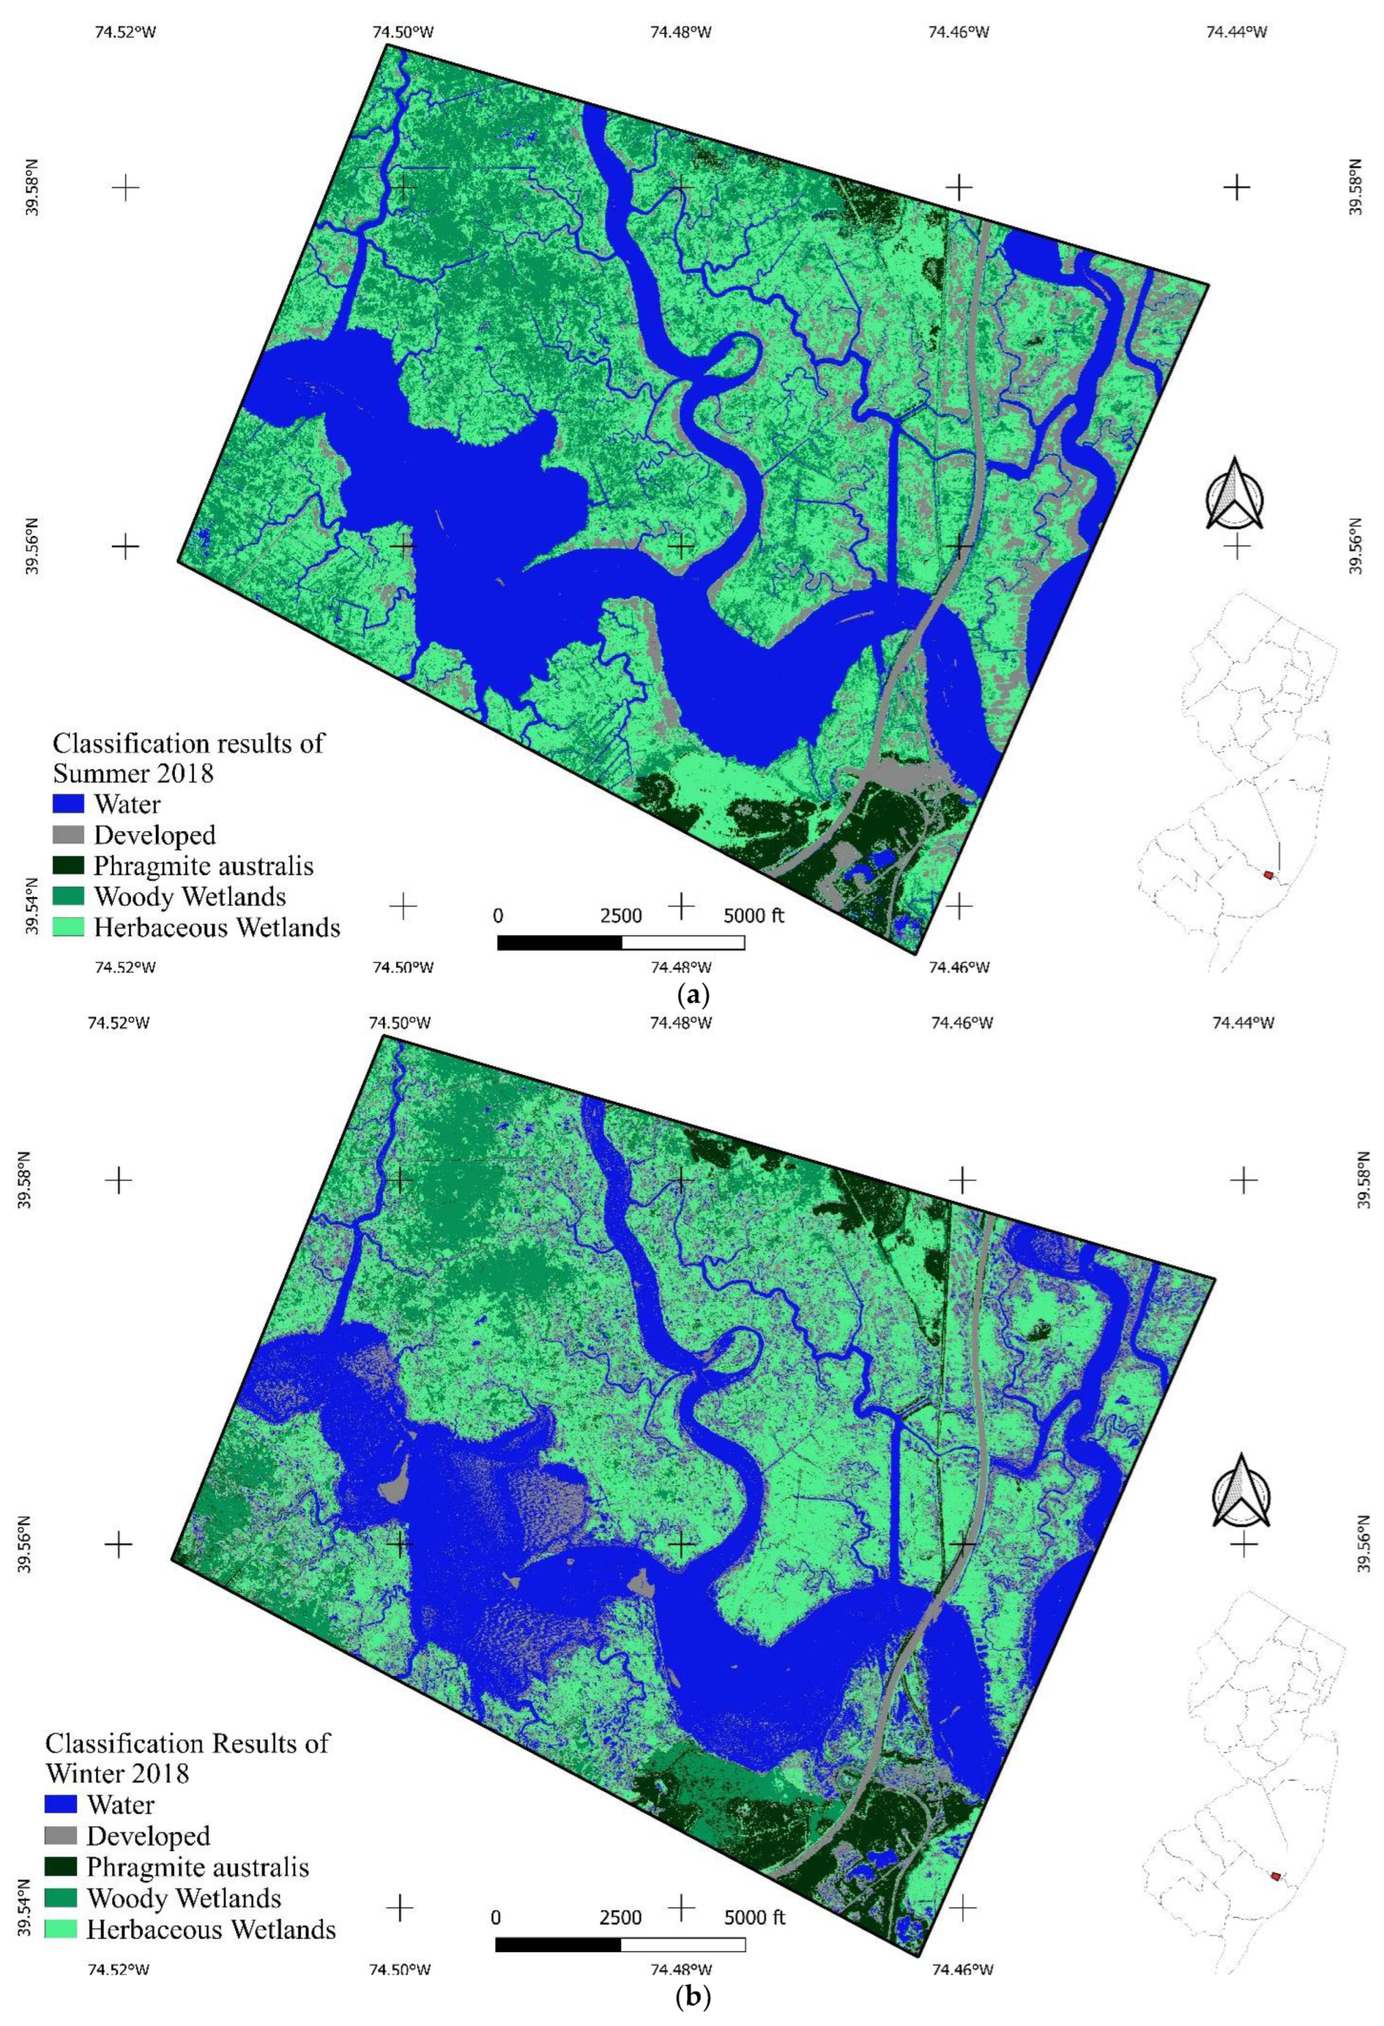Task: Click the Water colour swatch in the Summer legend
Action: (68, 802)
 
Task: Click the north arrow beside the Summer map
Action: (1235, 495)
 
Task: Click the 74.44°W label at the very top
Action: (1235, 32)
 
